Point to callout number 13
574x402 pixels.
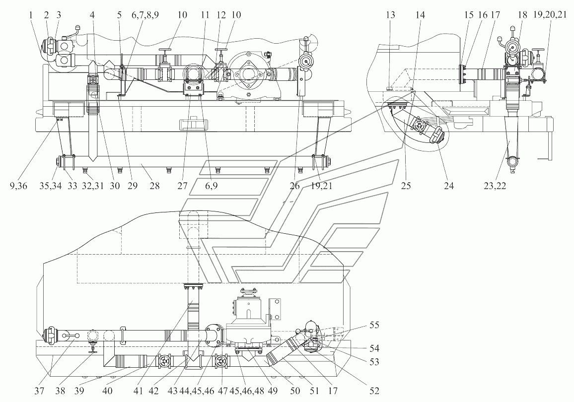click(x=390, y=15)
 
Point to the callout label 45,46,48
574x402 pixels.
click(x=242, y=390)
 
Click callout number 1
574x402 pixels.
click(x=32, y=15)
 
